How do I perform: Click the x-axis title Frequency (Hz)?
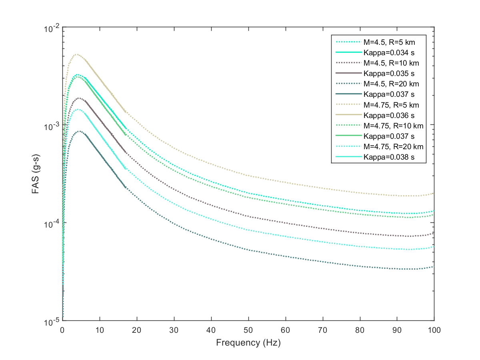tap(248, 343)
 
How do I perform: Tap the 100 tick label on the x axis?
tap(434, 330)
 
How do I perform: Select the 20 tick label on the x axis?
tap(137, 330)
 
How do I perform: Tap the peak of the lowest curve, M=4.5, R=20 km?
tap(80, 131)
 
